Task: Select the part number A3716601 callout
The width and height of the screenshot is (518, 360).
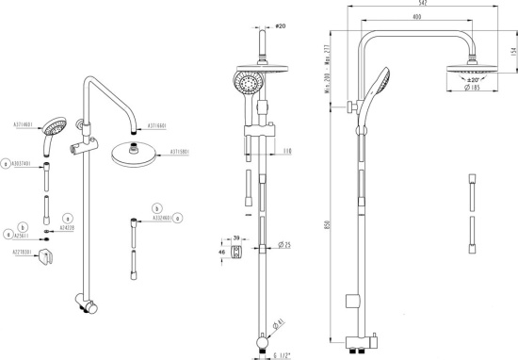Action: (x=156, y=124)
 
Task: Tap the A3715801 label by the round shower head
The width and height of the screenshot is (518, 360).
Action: (x=180, y=151)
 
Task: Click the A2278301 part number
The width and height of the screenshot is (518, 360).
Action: (x=24, y=253)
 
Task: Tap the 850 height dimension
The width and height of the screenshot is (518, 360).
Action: (x=329, y=225)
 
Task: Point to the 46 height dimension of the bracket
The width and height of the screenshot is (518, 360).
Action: (x=220, y=253)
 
